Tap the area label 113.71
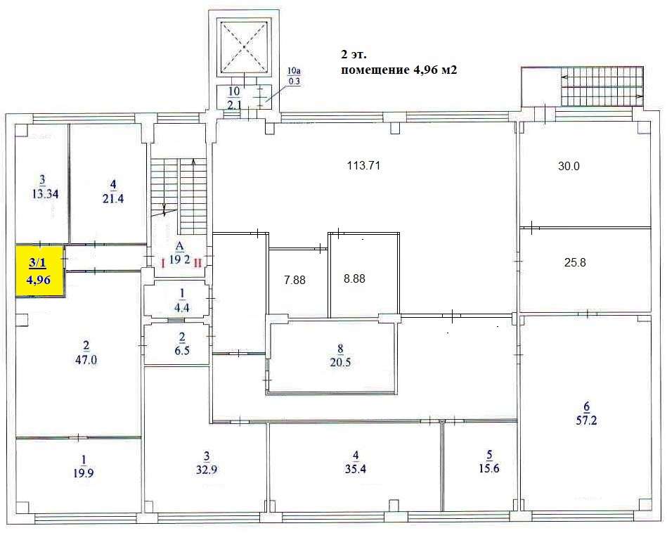click(x=363, y=165)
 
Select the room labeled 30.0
click(x=585, y=175)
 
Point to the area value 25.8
click(x=575, y=262)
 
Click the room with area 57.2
click(x=585, y=413)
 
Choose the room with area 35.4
click(x=355, y=467)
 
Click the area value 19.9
click(x=84, y=473)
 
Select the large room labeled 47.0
click(x=79, y=366)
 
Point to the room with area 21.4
click(x=109, y=184)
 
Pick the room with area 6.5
click(x=177, y=345)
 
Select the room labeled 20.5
click(x=332, y=357)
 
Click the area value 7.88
click(x=294, y=280)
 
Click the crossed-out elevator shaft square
click(x=244, y=47)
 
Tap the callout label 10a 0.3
click(x=294, y=77)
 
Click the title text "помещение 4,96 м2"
click(x=399, y=70)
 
